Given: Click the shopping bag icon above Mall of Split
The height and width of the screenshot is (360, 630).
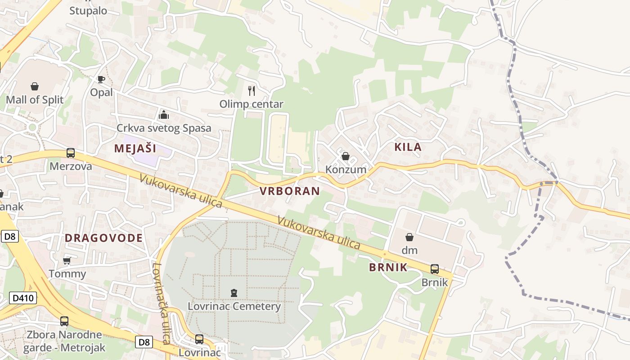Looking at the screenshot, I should tap(35, 86).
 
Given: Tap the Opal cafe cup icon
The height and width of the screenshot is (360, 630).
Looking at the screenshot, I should tap(101, 79).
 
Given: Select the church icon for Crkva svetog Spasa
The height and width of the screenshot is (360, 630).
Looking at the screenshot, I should tap(163, 115).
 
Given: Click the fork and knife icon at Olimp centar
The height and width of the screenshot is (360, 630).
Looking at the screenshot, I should tap(252, 91).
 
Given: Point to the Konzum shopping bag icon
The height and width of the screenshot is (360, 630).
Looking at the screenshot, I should tap(346, 156).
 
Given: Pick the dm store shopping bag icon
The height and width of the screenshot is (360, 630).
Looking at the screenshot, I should tap(409, 237).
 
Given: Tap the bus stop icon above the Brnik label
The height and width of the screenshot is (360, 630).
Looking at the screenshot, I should tap(435, 269).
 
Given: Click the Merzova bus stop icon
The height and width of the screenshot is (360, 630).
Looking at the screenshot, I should tap(71, 153).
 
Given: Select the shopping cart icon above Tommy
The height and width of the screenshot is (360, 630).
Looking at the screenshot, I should tap(67, 261).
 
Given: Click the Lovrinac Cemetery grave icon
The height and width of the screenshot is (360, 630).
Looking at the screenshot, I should tap(234, 293).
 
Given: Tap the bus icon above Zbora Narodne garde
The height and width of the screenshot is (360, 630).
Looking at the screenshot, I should tap(64, 321).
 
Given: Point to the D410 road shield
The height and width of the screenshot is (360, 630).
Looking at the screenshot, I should tap(22, 297).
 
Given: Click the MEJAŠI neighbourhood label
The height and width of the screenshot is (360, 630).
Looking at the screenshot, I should tap(135, 148).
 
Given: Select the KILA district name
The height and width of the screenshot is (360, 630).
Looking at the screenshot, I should tap(408, 147).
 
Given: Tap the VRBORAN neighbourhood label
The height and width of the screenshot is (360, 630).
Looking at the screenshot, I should tap(290, 191).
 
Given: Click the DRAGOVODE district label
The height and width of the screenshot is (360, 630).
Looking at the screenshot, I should tap(103, 238).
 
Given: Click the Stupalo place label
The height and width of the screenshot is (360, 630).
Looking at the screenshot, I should tap(88, 10).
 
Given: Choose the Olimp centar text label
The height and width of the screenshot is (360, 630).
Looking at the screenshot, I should tap(252, 104).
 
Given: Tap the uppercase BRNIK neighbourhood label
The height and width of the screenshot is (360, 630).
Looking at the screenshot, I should tap(388, 267).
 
